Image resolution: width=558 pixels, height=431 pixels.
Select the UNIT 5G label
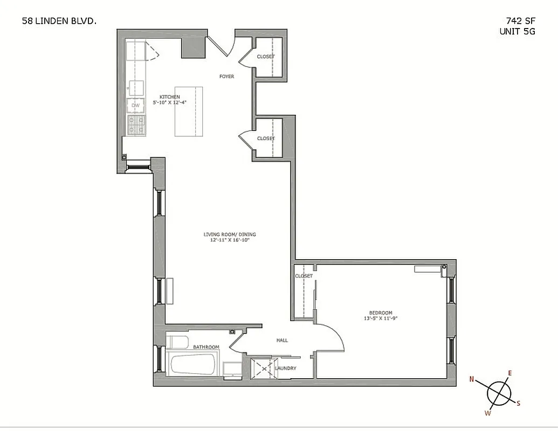point(517,31)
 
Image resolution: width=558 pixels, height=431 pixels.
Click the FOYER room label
point(226,77)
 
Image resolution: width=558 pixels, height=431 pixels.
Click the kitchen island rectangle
point(189,112)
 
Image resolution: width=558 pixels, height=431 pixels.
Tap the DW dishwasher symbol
point(136,106)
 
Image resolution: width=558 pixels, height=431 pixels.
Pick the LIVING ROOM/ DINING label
point(230,234)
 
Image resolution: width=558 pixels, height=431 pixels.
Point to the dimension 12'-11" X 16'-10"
point(230,240)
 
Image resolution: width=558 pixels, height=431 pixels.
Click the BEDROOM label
point(381,313)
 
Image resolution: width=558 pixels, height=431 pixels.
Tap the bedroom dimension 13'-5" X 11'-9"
point(381,318)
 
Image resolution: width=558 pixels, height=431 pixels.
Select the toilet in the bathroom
point(177,341)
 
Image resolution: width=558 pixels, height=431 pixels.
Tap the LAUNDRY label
point(285,369)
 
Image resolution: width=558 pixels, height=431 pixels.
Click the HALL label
point(282,340)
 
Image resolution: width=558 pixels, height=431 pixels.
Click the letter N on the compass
point(472,379)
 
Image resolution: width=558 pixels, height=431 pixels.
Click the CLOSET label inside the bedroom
point(304,276)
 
